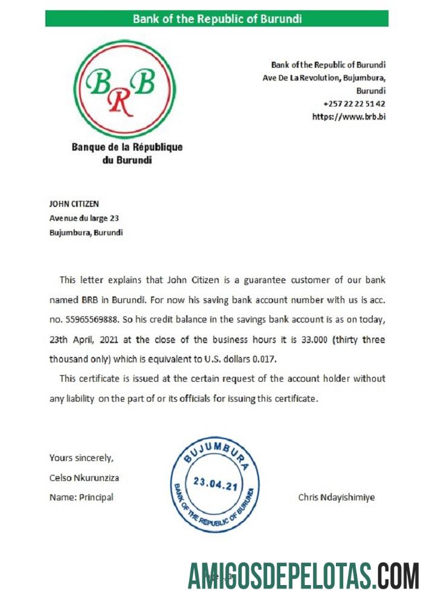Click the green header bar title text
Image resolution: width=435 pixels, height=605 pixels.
pyautogui.click(x=217, y=19)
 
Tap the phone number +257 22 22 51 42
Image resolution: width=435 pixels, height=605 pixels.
pyautogui.click(x=354, y=103)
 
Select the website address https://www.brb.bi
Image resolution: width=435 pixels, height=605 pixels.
pyautogui.click(x=349, y=117)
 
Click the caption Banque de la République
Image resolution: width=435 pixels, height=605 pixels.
pyautogui.click(x=127, y=147)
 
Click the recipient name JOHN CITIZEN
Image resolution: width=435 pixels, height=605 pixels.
pyautogui.click(x=74, y=204)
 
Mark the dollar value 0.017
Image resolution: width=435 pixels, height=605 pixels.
pyautogui.click(x=263, y=359)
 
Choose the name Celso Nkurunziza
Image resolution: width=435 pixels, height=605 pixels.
pyautogui.click(x=84, y=477)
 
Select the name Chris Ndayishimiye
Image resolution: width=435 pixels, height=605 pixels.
pyautogui.click(x=336, y=497)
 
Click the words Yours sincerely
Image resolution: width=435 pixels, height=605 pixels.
pyautogui.click(x=81, y=458)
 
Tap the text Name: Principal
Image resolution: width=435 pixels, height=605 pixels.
pyautogui.click(x=81, y=497)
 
